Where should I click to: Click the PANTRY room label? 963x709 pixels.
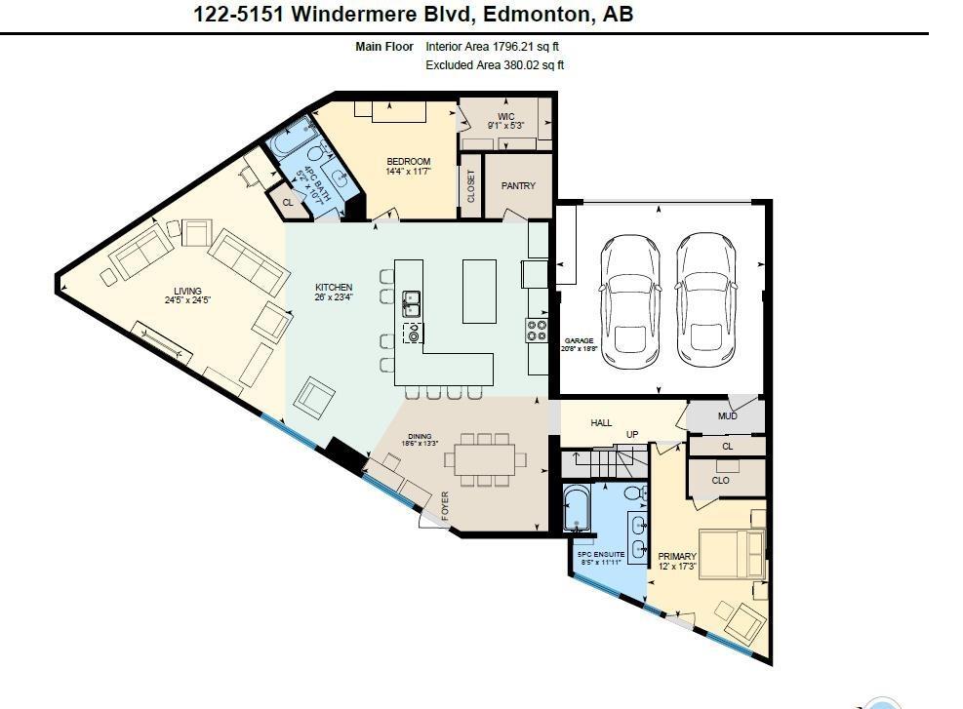[x=518, y=185]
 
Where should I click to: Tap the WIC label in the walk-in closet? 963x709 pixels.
[x=505, y=116]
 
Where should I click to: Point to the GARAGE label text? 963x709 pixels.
[x=579, y=340]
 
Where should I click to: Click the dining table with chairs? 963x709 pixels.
[x=485, y=457]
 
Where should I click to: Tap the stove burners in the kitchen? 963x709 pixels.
[x=537, y=331]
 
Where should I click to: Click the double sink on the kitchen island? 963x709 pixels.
[x=412, y=303]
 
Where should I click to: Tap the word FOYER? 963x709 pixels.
[x=446, y=506]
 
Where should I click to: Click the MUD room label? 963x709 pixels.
[x=727, y=416]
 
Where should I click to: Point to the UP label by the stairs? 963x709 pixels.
[x=632, y=435]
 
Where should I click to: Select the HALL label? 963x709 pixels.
[x=601, y=422]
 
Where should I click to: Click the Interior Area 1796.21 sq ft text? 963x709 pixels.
[x=492, y=46]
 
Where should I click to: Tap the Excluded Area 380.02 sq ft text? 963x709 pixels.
[x=495, y=65]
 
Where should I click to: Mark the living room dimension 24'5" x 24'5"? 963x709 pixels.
[x=187, y=300]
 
